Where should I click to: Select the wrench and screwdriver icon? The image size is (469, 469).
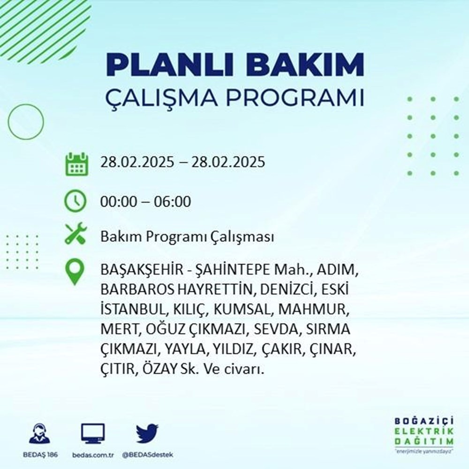[x=76, y=234]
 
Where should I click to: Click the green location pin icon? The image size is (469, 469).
[x=76, y=272]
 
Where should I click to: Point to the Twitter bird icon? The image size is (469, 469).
[x=147, y=433]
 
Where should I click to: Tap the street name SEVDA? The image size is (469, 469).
[x=276, y=330]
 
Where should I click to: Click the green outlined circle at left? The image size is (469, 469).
[x=26, y=121]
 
